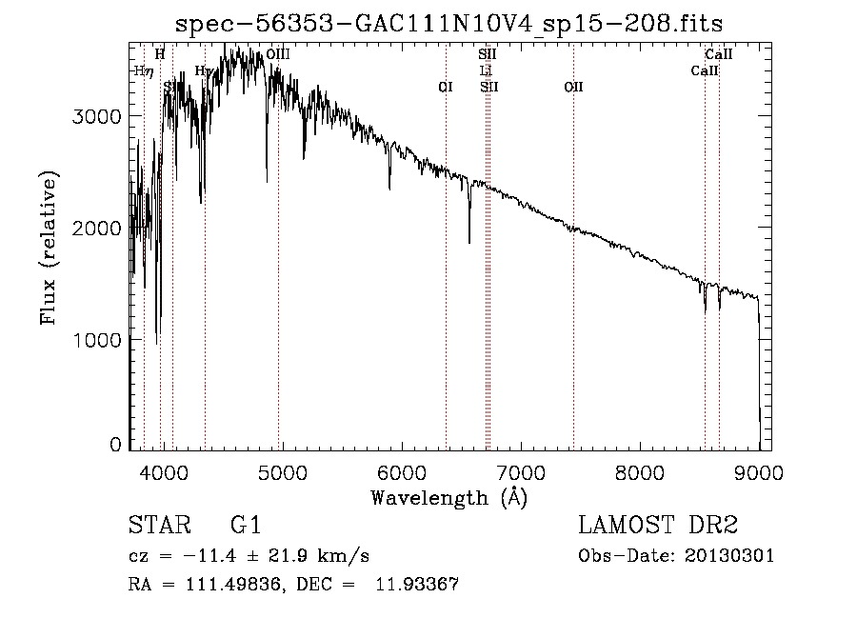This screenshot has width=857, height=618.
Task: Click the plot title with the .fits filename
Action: (x=456, y=23)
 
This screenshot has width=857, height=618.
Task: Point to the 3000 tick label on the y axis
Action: (x=97, y=116)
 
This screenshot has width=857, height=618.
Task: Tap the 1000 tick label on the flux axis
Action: (x=97, y=340)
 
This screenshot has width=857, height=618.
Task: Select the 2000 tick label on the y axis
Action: (x=97, y=229)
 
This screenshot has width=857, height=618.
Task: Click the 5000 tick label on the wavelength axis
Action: (x=282, y=472)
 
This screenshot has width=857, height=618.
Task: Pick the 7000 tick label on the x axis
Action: (x=521, y=472)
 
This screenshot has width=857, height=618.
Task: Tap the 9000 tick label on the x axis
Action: (x=759, y=472)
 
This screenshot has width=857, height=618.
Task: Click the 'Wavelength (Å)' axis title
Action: (x=449, y=497)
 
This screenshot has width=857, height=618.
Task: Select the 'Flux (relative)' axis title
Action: (x=49, y=248)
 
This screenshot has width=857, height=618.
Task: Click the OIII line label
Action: (x=278, y=55)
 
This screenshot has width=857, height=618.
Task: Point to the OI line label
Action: (x=445, y=88)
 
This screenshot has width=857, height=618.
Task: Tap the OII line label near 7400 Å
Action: (x=573, y=88)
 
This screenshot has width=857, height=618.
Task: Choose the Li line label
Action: (x=486, y=71)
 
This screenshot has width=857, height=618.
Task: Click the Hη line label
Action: (x=144, y=71)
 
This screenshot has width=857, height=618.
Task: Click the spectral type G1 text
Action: (x=246, y=526)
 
